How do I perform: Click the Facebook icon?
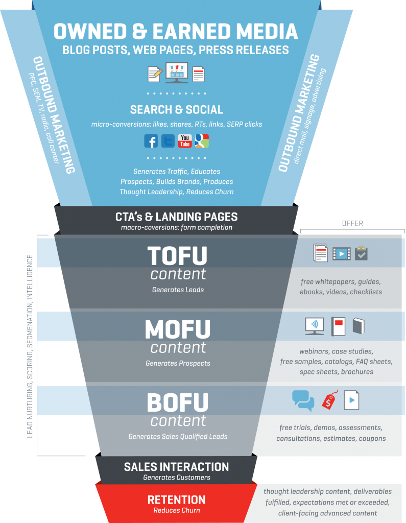151,141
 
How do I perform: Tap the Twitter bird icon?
168,141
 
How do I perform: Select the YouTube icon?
185,141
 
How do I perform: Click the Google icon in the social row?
202,141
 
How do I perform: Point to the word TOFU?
177,256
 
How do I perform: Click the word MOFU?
177,329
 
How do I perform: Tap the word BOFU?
177,403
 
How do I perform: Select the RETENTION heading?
177,500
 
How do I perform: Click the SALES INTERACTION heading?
177,467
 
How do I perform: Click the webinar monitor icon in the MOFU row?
314,326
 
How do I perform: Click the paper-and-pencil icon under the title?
155,75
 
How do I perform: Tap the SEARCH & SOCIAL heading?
177,110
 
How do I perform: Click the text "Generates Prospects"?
178,363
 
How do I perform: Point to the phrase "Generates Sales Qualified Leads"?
178,437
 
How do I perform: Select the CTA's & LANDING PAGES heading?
177,217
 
